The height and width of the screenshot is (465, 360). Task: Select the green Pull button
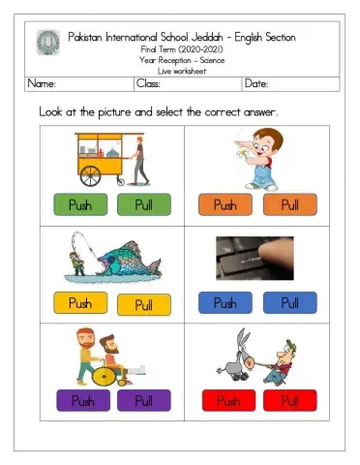coord(144,204)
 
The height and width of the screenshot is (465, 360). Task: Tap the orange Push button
coord(225,204)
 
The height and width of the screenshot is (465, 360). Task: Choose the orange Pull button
coord(290,204)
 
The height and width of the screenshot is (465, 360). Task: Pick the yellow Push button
coord(80,303)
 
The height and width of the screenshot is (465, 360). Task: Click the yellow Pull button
coord(144,305)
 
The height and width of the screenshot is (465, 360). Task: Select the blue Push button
coord(225,303)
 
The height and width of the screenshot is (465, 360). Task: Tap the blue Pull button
coord(290,303)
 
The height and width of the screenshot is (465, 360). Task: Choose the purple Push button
coord(81,400)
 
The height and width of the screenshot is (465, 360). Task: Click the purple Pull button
coord(144,400)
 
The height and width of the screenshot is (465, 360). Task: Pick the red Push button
coord(227,400)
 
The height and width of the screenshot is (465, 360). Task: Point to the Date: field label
coord(257,84)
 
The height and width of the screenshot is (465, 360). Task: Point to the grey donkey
coord(234,361)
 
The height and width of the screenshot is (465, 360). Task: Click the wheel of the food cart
coord(90,174)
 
